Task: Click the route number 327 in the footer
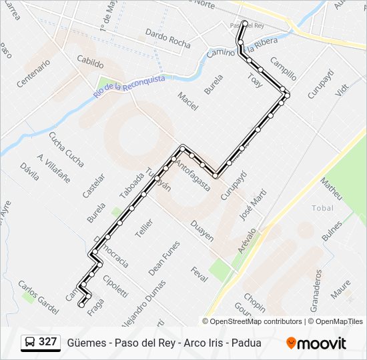pos(47,343)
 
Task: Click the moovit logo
pos(316,343)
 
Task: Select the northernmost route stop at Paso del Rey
pos(245,24)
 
